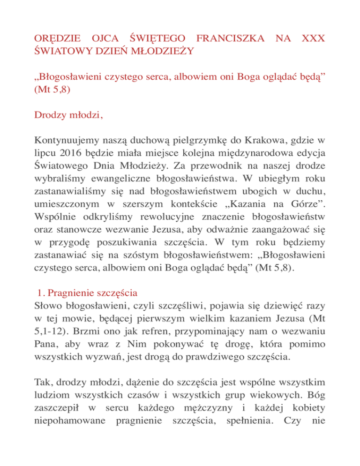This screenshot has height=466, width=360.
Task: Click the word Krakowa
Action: point(250,140)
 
